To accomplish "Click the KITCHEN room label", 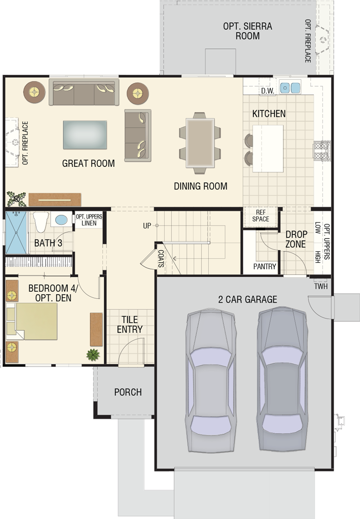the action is tap(269, 114).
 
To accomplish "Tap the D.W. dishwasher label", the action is tap(267, 91).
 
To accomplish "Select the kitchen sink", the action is tap(290, 88).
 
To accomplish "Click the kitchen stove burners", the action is tap(322, 151).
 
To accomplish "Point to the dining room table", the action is tap(200, 143).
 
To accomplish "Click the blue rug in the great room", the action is tap(85, 135).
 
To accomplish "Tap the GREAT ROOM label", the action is tap(88, 163).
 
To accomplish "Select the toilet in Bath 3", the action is tap(41, 222).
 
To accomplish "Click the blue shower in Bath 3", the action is tap(16, 232).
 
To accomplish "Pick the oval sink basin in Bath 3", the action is tap(61, 220).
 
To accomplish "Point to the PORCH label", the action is tap(128, 392).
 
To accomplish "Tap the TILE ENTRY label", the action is tap(130, 324).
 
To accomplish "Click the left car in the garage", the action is tap(211, 381).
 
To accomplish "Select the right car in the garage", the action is tap(283, 379).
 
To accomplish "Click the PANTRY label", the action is tap(264, 266).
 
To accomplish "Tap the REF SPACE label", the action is tap(261, 215).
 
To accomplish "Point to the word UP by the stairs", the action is tap(147, 226).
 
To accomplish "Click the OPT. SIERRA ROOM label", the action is tap(247, 31).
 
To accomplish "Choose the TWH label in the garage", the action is tap(321, 286).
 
